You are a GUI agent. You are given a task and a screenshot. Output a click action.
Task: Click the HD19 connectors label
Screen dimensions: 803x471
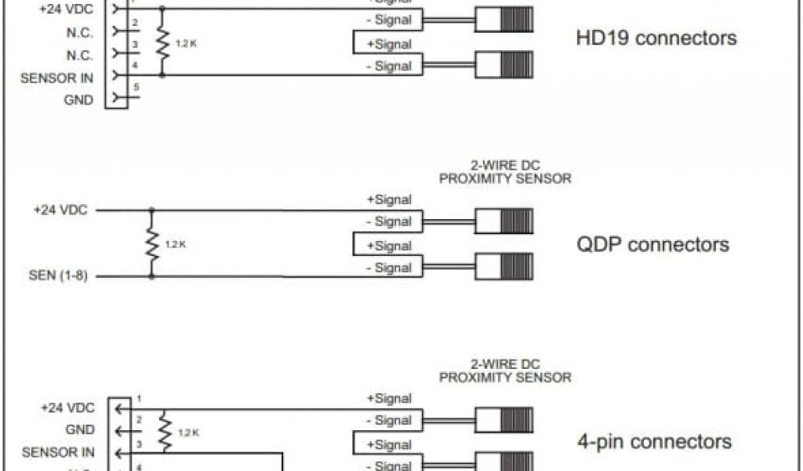point(656,38)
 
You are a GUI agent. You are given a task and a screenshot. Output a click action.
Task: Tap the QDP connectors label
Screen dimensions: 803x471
point(653,244)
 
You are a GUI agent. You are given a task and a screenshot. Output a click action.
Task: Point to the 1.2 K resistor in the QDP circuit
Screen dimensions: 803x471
point(152,244)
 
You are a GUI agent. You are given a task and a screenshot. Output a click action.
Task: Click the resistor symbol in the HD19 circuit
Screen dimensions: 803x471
point(162,43)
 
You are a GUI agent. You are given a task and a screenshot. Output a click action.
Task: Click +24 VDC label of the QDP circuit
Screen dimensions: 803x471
point(60,210)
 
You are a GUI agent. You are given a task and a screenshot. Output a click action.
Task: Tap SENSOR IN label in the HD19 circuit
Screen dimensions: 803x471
point(57,78)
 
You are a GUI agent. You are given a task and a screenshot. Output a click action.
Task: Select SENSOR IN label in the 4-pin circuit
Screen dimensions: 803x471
point(58,452)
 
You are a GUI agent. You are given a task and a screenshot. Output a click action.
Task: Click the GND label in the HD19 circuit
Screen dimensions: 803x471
point(78,100)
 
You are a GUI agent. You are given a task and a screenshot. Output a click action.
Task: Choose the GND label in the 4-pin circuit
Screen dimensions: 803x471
point(80,430)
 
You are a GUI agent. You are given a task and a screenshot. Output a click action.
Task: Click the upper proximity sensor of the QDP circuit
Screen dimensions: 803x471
point(504,221)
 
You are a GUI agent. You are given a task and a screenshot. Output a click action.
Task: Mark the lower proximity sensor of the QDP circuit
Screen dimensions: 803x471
point(504,268)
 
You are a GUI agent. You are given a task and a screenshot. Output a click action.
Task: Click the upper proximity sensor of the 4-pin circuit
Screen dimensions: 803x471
point(504,419)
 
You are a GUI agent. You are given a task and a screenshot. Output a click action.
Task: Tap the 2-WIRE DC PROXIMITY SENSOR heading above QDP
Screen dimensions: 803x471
point(505,172)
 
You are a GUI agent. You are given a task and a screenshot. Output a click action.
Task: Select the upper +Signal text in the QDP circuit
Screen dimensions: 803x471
point(389,200)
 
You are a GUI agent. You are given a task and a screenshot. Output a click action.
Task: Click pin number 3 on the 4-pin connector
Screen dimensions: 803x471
point(138,444)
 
